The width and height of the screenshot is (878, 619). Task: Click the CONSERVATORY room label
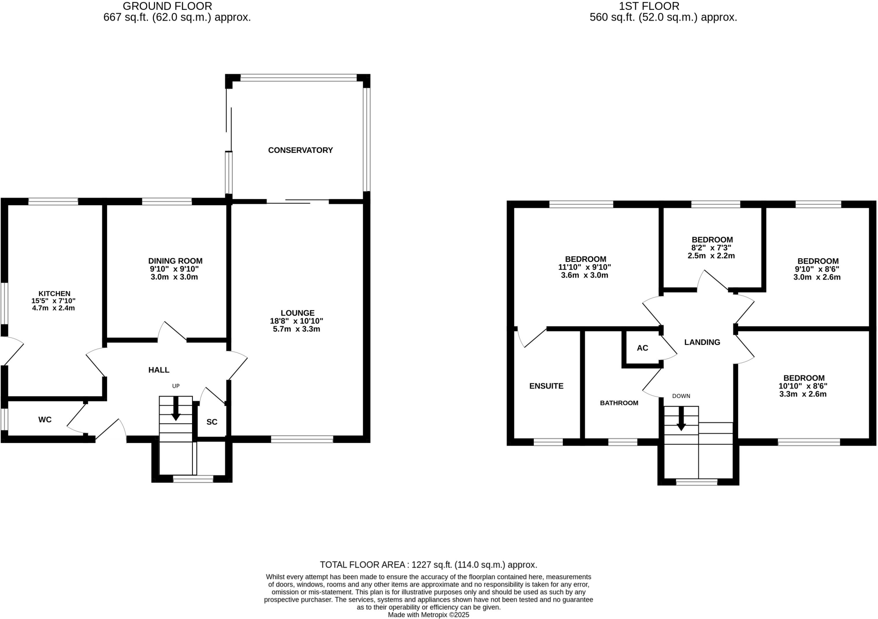(300, 150)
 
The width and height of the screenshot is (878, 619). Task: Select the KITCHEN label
(54, 293)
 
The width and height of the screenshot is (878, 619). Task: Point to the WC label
(45, 420)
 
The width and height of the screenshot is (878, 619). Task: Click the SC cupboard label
(212, 422)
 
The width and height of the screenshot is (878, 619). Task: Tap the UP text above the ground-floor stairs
(176, 386)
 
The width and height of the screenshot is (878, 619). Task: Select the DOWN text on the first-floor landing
(681, 396)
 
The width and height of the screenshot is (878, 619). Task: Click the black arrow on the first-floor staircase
(681, 420)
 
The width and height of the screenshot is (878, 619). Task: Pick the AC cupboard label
(642, 348)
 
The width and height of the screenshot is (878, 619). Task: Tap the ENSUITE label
(546, 386)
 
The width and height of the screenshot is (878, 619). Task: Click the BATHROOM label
(619, 403)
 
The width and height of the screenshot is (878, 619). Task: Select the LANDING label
(702, 342)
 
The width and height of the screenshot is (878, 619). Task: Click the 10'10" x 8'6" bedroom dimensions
(803, 386)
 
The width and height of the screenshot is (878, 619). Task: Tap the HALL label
(159, 370)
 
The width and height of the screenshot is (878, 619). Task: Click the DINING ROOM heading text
(175, 261)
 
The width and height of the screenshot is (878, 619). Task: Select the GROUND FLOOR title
(167, 6)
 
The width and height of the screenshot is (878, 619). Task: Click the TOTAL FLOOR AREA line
(428, 565)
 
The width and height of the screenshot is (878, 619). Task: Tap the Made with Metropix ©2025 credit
(428, 615)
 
